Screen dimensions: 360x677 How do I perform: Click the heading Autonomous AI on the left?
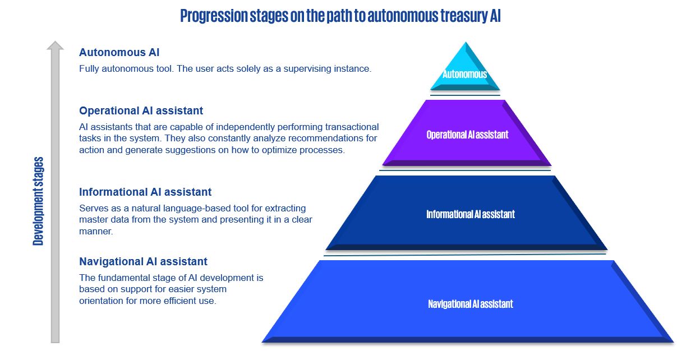coord(119,52)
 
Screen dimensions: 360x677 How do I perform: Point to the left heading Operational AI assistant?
coord(141,110)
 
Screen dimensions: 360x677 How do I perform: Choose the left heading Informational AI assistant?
coord(145,192)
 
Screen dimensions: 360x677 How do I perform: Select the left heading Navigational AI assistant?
coord(143,261)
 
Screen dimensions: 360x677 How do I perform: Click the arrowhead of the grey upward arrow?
coord(55,47)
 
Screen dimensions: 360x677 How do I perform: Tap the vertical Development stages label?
coord(38,201)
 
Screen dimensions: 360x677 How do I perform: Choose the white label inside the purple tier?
coord(467,135)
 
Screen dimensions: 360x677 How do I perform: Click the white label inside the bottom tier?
coord(470,304)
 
